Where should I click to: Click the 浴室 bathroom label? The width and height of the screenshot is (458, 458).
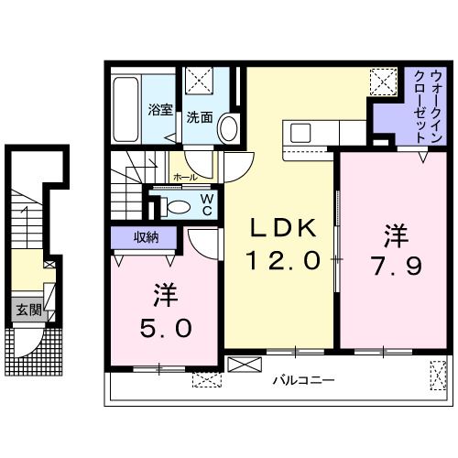160,110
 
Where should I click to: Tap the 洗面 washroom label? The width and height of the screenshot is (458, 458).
200,117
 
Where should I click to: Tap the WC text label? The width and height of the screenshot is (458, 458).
208,204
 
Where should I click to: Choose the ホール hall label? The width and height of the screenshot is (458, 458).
182,174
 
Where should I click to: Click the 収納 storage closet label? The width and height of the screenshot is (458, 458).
147,237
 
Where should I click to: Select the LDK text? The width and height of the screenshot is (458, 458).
279,228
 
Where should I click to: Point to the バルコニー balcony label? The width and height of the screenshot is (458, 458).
303,379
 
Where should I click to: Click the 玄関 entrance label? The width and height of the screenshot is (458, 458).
27,311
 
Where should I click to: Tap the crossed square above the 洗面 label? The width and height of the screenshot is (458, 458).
198,82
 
